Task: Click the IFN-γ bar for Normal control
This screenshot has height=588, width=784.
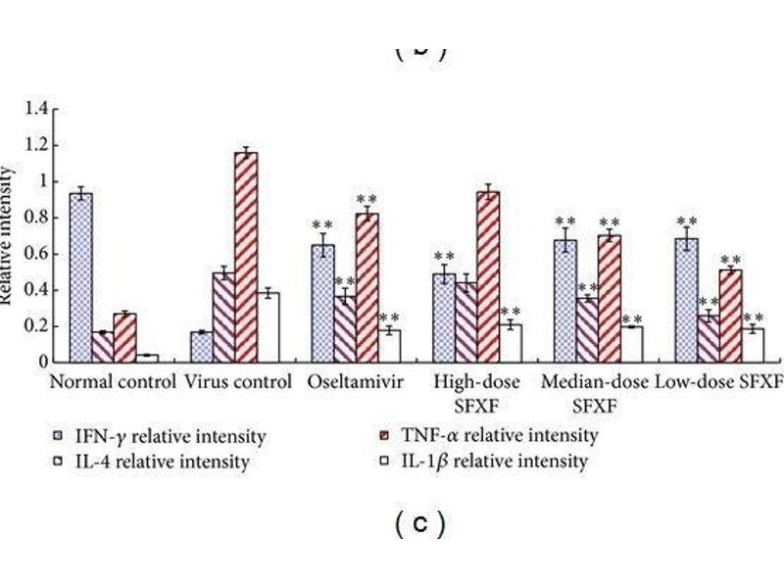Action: [x=81, y=277]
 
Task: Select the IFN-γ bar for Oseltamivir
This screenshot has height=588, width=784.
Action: [x=322, y=303]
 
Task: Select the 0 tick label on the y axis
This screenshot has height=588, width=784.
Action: [x=42, y=362]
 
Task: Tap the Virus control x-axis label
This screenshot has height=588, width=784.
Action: [x=238, y=382]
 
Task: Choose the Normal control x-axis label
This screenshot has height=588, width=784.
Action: [x=113, y=382]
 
